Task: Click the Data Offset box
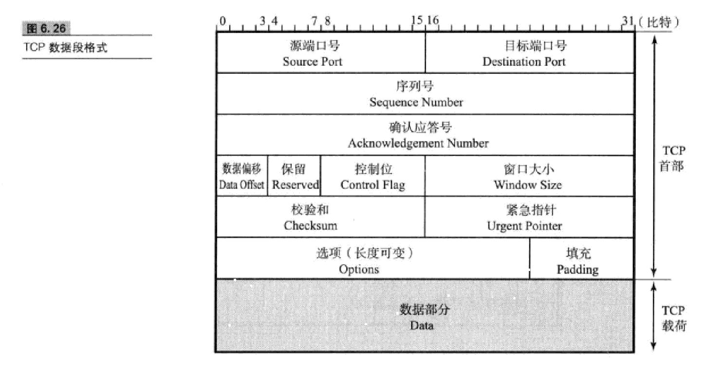pyautogui.click(x=242, y=176)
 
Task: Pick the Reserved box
pyautogui.click(x=295, y=176)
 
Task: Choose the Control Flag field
pyautogui.click(x=373, y=176)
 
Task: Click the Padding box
pyautogui.click(x=582, y=258)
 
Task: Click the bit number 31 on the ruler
pyautogui.click(x=627, y=21)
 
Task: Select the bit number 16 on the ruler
pyautogui.click(x=433, y=21)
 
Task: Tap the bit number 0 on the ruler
pyautogui.click(x=222, y=21)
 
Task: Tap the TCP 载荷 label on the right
pyautogui.click(x=673, y=318)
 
